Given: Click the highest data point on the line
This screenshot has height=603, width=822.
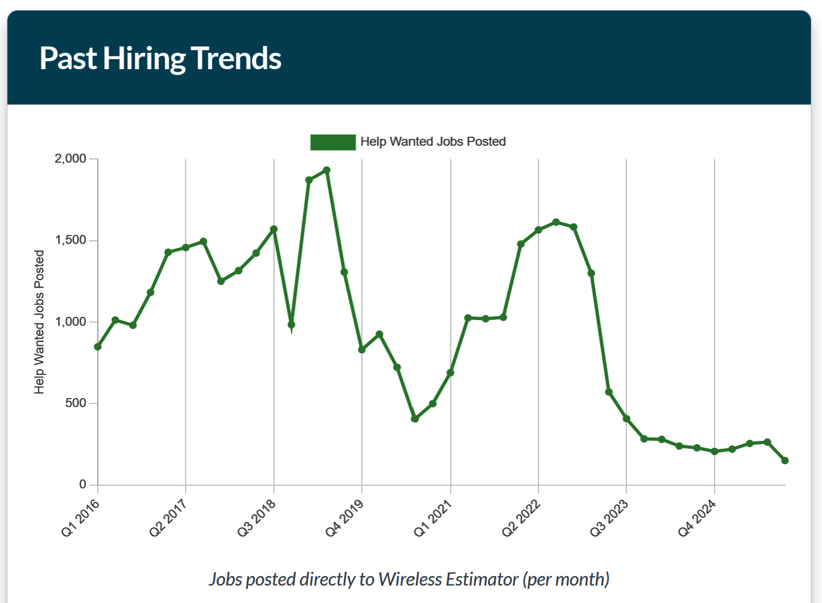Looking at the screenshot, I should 327,171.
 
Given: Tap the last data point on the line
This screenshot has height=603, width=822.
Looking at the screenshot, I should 785,460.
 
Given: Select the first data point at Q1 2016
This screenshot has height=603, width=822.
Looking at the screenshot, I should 98,347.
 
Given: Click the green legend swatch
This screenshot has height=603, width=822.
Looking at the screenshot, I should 333,142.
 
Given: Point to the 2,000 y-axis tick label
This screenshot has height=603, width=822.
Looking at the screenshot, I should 70,159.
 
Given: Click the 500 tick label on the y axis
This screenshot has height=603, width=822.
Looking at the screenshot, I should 75,403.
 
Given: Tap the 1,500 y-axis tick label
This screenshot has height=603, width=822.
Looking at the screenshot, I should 70,240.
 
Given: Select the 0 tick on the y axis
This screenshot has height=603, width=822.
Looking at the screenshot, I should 82,484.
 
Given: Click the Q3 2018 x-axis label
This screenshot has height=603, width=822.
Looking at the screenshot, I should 257,518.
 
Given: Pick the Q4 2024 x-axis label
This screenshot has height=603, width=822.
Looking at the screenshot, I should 697,518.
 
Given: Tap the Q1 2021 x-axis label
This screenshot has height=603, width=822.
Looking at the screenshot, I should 433,518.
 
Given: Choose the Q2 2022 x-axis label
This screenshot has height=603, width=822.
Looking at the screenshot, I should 521,518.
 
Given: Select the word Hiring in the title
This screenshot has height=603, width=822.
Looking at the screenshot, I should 144,58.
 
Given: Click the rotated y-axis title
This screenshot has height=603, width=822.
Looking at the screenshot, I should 39,322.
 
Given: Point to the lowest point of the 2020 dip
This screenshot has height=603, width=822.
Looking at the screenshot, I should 415,419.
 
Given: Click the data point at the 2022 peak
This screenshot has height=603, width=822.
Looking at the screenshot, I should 556,222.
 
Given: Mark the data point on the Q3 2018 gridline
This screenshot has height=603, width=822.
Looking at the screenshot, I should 274,229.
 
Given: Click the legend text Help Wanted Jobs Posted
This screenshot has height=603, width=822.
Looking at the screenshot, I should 433,142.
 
